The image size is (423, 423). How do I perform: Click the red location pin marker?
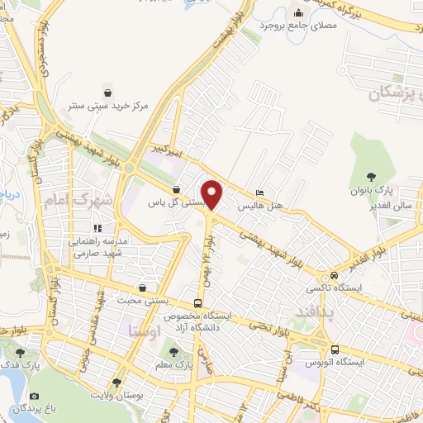(213, 194)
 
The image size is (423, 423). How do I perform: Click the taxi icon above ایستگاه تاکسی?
(334, 275)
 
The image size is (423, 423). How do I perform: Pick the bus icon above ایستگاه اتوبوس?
(335, 349)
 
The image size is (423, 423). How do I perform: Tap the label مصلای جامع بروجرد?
(298, 26)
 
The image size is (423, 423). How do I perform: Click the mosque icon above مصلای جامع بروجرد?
(299, 12)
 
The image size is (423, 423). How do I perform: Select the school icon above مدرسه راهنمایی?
(97, 227)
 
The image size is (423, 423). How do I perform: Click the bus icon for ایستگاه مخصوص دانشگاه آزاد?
(197, 302)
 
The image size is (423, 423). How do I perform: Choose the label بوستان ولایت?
(116, 396)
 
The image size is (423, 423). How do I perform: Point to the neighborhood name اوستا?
(144, 330)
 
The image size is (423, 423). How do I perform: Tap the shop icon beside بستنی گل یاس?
(176, 189)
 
